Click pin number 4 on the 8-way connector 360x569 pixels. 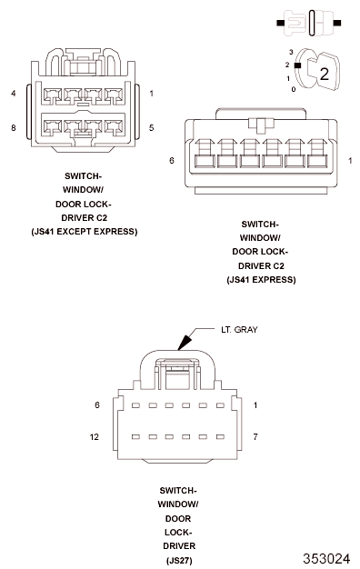click(x=14, y=94)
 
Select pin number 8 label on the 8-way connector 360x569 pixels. click(x=14, y=128)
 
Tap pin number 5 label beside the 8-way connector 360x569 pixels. click(x=151, y=128)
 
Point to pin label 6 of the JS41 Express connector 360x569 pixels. click(x=172, y=160)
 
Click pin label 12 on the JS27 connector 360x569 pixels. click(x=94, y=437)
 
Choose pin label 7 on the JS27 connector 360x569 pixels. click(x=255, y=437)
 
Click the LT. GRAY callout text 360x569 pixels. click(x=239, y=330)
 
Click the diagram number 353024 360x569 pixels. click(x=326, y=558)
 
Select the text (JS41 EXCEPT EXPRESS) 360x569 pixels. click(x=85, y=232)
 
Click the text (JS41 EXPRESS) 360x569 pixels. click(x=261, y=280)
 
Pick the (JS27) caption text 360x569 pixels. click(x=179, y=560)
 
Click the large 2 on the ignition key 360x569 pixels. click(x=324, y=74)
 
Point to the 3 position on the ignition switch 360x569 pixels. click(x=291, y=52)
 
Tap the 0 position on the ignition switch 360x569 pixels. click(x=294, y=89)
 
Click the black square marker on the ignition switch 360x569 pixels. click(x=297, y=65)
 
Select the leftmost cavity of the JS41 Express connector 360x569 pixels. click(x=205, y=161)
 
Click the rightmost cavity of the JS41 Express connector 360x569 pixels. click(x=317, y=161)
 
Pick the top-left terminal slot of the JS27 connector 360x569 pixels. click(x=135, y=405)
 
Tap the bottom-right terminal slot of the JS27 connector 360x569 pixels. click(x=220, y=437)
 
